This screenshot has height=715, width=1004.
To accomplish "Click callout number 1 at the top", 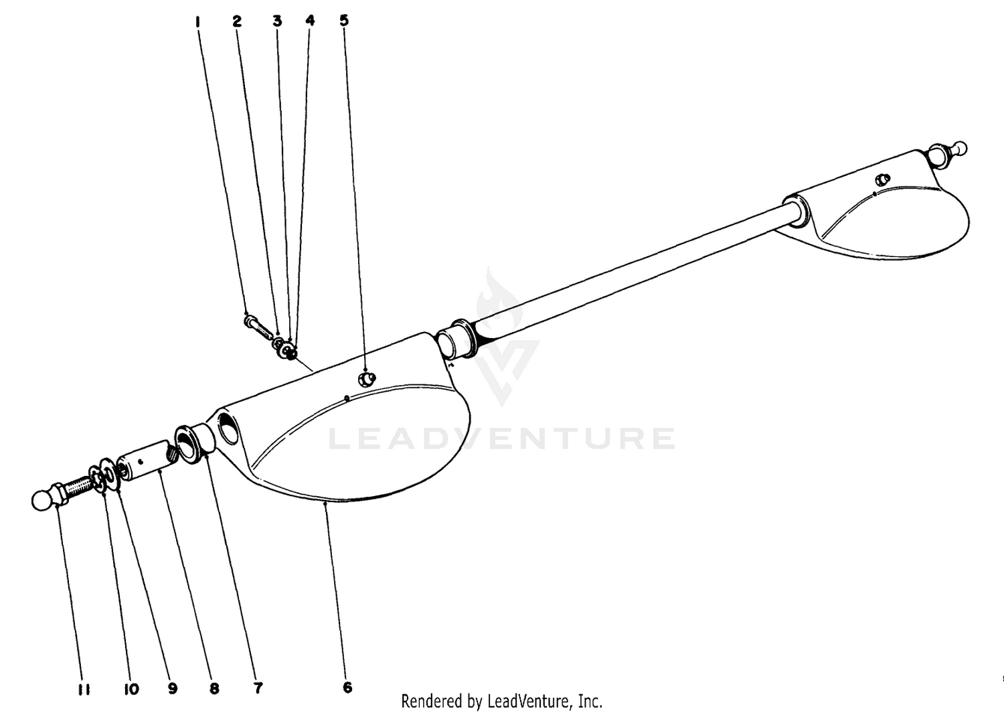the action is click(197, 21).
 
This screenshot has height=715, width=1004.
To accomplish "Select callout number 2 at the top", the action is click(237, 21).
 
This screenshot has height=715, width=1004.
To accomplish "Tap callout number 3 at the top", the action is click(278, 21).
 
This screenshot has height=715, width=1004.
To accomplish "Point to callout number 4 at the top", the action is click(310, 20).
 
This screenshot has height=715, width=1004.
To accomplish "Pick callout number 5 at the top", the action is click(344, 20).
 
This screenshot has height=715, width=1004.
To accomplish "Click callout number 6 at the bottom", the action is click(347, 687).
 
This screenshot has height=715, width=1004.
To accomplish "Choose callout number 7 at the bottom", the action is click(258, 688).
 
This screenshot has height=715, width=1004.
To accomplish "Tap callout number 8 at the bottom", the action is click(214, 688).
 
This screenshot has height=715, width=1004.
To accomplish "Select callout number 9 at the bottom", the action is click(173, 688).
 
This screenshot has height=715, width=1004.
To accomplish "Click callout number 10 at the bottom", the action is click(131, 689).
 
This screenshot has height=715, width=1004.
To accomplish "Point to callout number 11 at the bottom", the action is click(84, 690).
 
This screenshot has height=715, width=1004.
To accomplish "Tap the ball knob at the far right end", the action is click(960, 148).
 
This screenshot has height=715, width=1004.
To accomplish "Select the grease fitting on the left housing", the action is click(366, 379).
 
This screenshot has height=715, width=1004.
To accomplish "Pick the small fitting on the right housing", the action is click(883, 179).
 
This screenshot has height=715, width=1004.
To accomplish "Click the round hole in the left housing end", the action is click(229, 428).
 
